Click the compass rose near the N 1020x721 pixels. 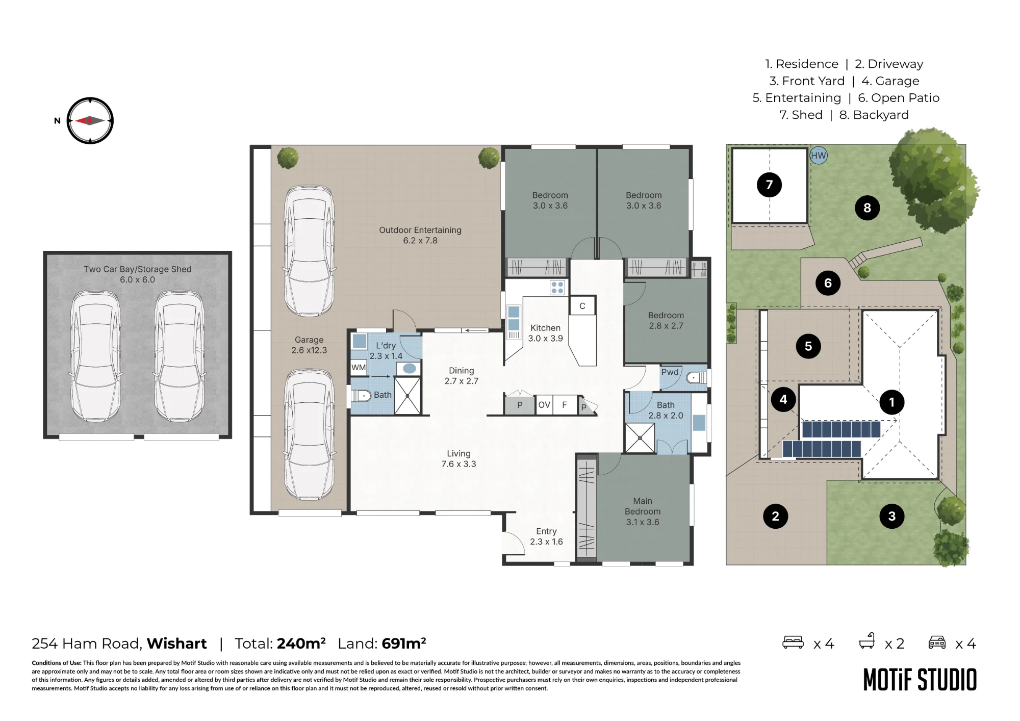click(x=90, y=121)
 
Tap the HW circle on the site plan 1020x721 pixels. click(x=818, y=156)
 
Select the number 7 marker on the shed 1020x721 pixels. click(x=769, y=185)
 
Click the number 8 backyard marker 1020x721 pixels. click(x=867, y=208)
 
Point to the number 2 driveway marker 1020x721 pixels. click(x=775, y=516)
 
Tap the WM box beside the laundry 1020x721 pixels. click(x=359, y=368)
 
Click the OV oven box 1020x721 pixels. click(x=544, y=405)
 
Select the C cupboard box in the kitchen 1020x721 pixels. click(x=582, y=305)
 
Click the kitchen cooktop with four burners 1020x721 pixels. click(x=557, y=287)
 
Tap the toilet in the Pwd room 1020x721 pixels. click(x=696, y=378)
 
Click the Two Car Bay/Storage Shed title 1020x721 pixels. click(x=138, y=269)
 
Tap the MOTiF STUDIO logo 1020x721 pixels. click(x=920, y=680)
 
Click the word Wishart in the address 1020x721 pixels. click(x=177, y=643)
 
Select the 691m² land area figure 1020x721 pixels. click(x=404, y=643)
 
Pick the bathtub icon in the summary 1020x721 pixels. click(x=867, y=641)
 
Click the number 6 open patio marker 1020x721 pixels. click(x=828, y=283)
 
